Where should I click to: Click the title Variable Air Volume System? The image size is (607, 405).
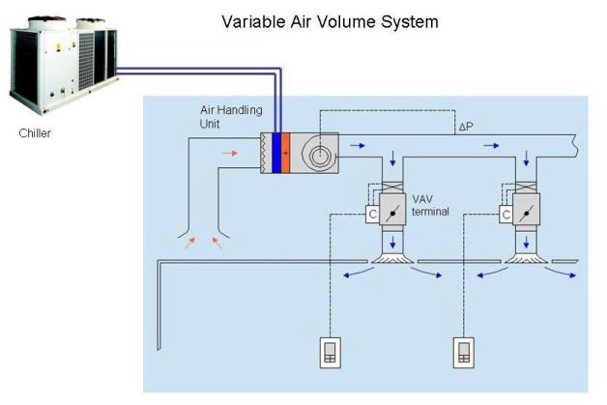[x=330, y=21]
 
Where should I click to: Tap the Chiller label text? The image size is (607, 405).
[x=35, y=133]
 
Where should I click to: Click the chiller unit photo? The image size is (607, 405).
[x=63, y=65]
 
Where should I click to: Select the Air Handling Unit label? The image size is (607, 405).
[x=231, y=117]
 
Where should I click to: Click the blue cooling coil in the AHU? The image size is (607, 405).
[x=276, y=153]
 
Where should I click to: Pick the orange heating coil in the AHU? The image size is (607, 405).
[x=285, y=153]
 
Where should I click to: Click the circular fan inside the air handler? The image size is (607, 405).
[x=319, y=154]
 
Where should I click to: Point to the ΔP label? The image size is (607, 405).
[x=466, y=127]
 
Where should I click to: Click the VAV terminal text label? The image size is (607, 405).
[x=430, y=205]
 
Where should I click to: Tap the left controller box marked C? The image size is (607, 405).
[x=372, y=215]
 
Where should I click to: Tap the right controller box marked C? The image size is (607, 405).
[x=506, y=215]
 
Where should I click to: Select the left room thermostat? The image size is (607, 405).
[x=331, y=353]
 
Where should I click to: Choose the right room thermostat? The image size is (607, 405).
[x=464, y=353]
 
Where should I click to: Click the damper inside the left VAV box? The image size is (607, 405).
[x=392, y=213]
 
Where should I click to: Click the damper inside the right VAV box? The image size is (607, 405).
[x=526, y=213]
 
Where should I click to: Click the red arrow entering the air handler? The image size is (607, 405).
[x=230, y=153]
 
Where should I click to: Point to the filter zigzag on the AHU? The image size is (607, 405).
[x=265, y=153]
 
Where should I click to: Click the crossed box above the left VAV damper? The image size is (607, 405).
[x=392, y=188]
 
